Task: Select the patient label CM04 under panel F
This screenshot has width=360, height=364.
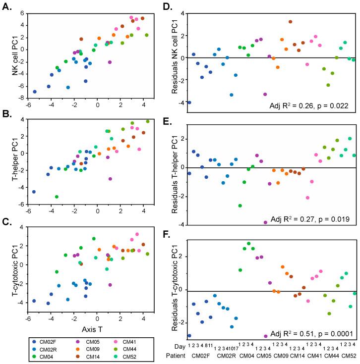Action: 246,355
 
